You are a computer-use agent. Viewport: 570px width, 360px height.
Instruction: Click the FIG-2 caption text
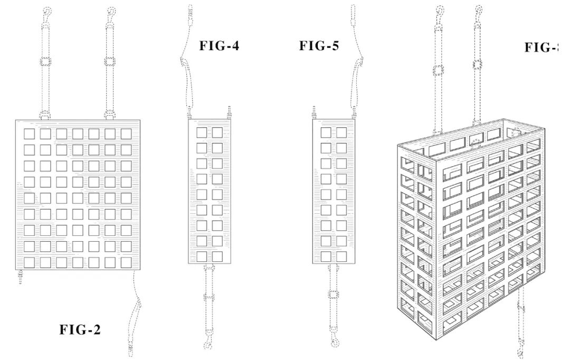click(x=80, y=331)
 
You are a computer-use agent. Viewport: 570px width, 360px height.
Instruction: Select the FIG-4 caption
click(x=218, y=46)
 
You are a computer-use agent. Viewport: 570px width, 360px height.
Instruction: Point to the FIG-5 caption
click(x=319, y=46)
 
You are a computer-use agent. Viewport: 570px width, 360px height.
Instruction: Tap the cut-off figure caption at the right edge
click(x=541, y=48)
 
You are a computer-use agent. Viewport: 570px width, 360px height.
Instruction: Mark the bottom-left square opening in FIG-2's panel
click(x=30, y=262)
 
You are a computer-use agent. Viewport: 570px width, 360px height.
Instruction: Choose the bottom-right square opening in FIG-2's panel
click(x=126, y=262)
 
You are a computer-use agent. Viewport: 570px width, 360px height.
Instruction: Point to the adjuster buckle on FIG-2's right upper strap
click(x=110, y=61)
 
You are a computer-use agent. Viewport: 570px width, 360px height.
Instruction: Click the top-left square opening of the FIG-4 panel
click(x=202, y=132)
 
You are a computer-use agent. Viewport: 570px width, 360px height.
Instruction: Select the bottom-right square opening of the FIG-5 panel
click(x=341, y=257)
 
